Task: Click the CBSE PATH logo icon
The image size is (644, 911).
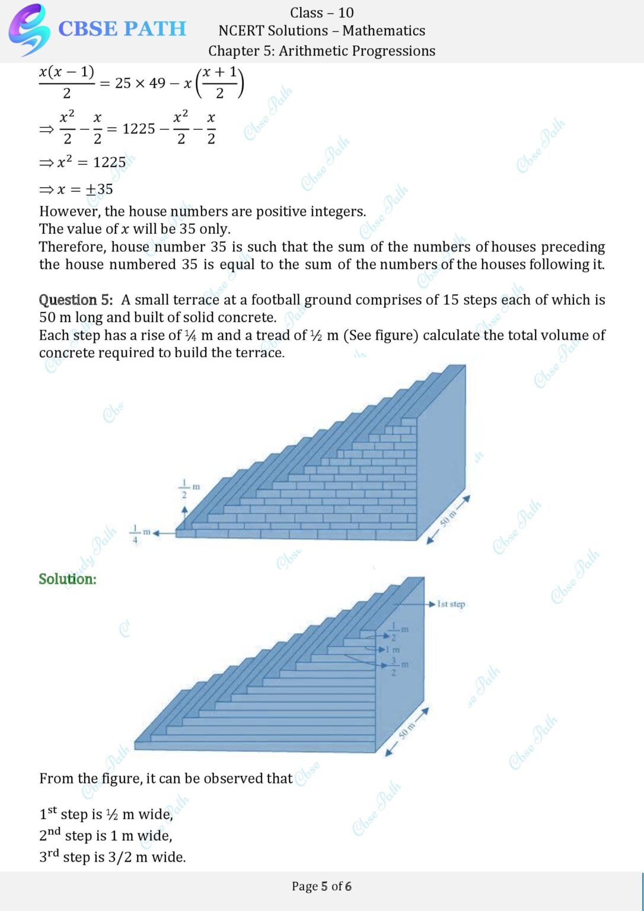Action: pyautogui.click(x=28, y=28)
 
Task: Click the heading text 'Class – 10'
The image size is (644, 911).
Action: pyautogui.click(x=321, y=12)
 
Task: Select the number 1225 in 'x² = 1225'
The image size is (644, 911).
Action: pyautogui.click(x=109, y=162)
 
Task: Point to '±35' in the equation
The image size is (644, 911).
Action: pyautogui.click(x=99, y=189)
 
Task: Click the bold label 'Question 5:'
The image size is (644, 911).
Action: pyautogui.click(x=75, y=300)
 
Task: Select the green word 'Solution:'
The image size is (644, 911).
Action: pyautogui.click(x=68, y=579)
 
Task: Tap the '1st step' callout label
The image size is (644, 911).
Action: pyautogui.click(x=451, y=604)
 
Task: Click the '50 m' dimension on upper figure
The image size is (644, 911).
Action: pyautogui.click(x=448, y=518)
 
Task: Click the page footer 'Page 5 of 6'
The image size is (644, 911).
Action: pyautogui.click(x=321, y=886)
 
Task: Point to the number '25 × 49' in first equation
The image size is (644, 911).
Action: pyautogui.click(x=140, y=83)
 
